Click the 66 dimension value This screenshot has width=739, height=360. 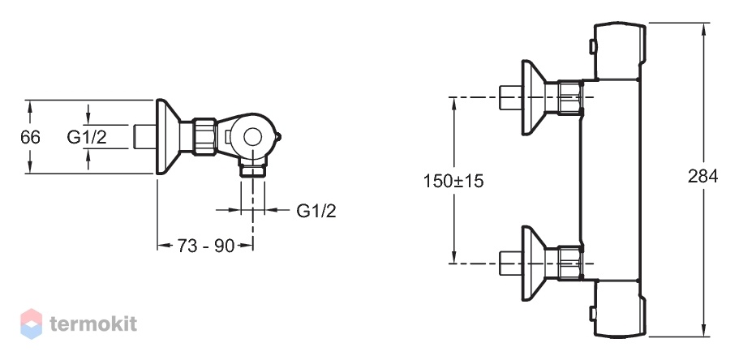pyautogui.click(x=31, y=137)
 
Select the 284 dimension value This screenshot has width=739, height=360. pyautogui.click(x=702, y=176)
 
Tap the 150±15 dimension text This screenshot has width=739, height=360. pyautogui.click(x=453, y=181)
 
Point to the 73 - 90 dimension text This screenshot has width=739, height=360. pyautogui.click(x=205, y=246)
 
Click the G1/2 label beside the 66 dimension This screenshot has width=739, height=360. pyautogui.click(x=87, y=137)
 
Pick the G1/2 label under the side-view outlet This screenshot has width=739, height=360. pyautogui.click(x=316, y=211)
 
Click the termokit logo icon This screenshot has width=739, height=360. pyautogui.click(x=31, y=324)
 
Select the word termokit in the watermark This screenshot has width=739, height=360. pyautogui.click(x=93, y=324)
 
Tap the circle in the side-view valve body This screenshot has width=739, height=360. pyautogui.click(x=252, y=137)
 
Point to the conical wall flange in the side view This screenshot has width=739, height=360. pyautogui.click(x=167, y=137)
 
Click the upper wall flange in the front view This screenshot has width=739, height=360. pyautogui.click(x=534, y=97)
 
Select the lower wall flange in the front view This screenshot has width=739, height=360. pyautogui.click(x=534, y=264)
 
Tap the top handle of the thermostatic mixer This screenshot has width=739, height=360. pyautogui.click(x=619, y=50)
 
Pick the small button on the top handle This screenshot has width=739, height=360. pyautogui.click(x=591, y=47)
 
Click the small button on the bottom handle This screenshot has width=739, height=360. pyautogui.click(x=591, y=313)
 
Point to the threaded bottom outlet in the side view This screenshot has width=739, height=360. pyautogui.click(x=253, y=168)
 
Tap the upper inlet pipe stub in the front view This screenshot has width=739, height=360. pyautogui.click(x=510, y=97)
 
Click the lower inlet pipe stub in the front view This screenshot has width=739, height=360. pyautogui.click(x=510, y=264)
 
